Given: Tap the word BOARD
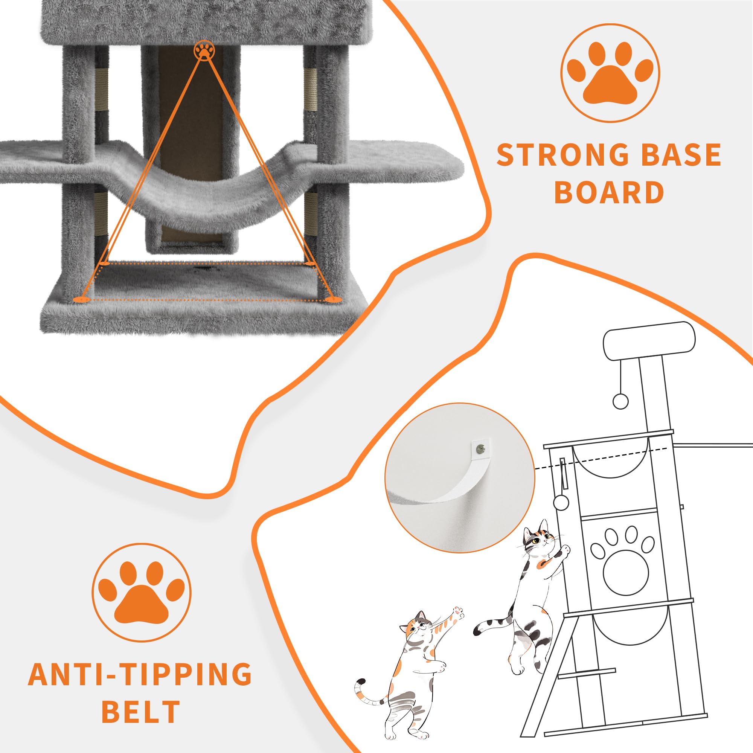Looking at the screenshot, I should (609, 192).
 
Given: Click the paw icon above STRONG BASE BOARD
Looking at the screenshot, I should (610, 73).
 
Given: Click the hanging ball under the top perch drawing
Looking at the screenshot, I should (620, 401).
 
